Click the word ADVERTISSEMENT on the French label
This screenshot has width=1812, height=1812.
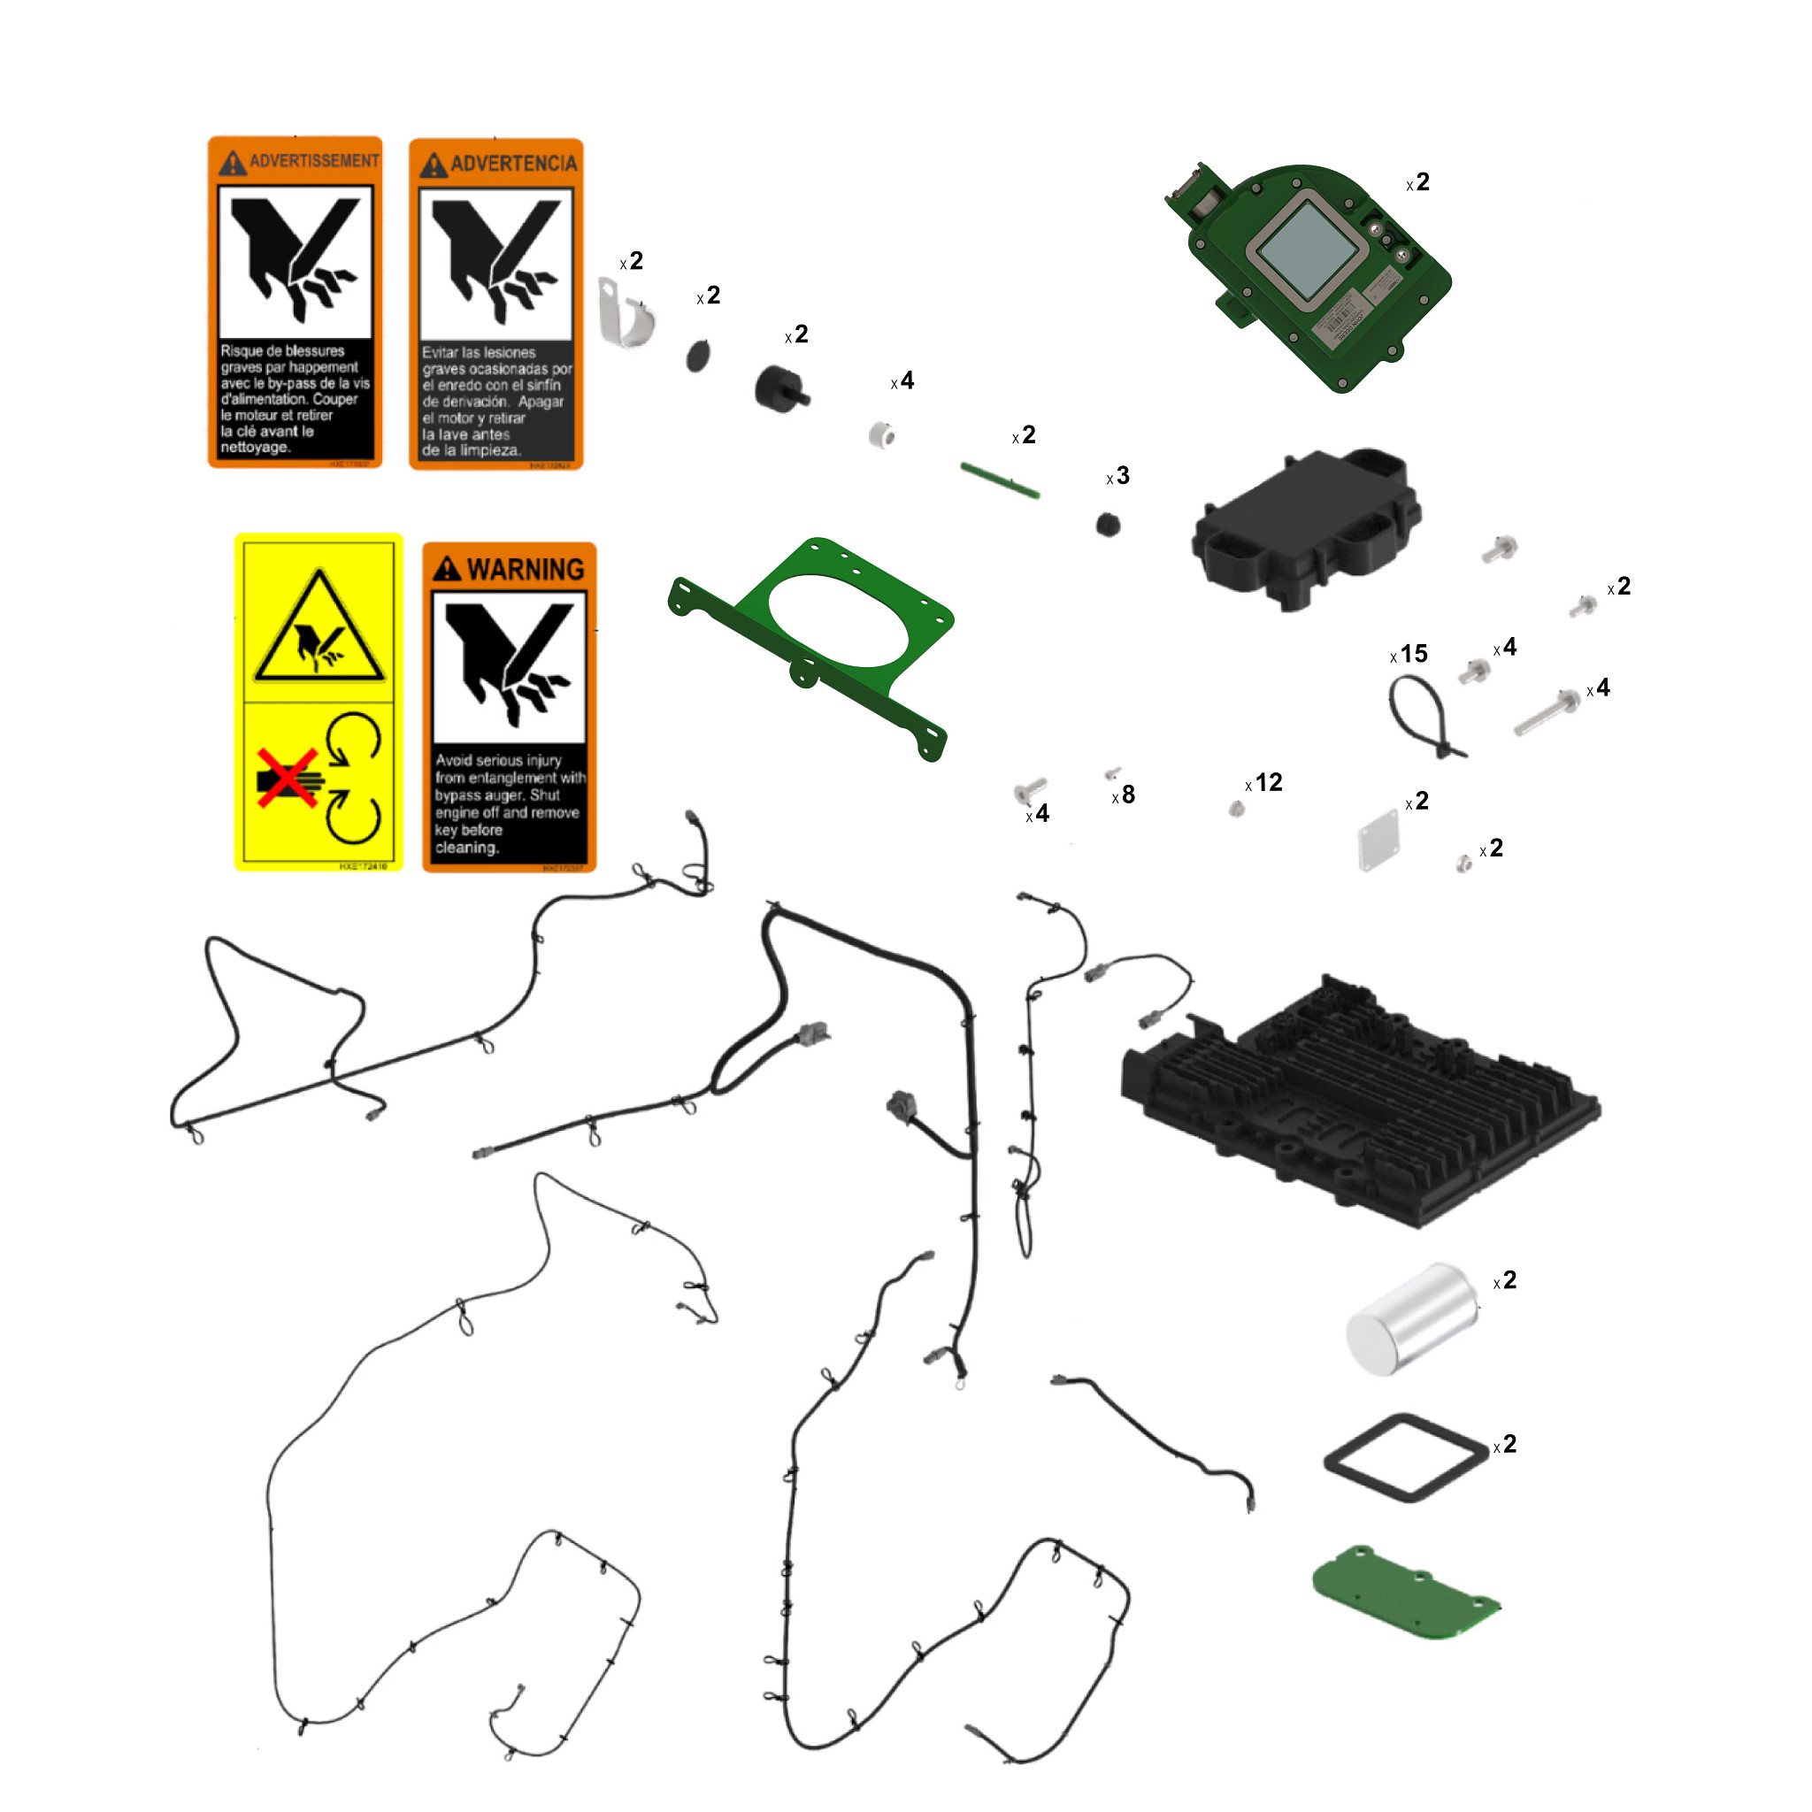[313, 161]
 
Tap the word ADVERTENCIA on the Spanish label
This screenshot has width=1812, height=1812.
[513, 165]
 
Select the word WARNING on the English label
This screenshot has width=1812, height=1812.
[525, 569]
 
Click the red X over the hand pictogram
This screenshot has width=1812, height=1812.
[288, 778]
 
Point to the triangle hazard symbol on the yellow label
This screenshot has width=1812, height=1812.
[319, 631]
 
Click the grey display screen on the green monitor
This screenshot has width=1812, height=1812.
[1305, 246]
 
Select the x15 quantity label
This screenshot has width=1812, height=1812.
[1409, 655]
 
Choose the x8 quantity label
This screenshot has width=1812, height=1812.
[1124, 795]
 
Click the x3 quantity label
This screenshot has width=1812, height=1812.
[1118, 477]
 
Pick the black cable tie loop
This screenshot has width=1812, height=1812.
[1423, 718]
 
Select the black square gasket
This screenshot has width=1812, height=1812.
[1405, 1457]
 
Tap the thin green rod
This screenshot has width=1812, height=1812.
[1000, 480]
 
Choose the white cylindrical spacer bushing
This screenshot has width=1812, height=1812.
[881, 435]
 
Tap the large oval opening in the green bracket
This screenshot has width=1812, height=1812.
[839, 621]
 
